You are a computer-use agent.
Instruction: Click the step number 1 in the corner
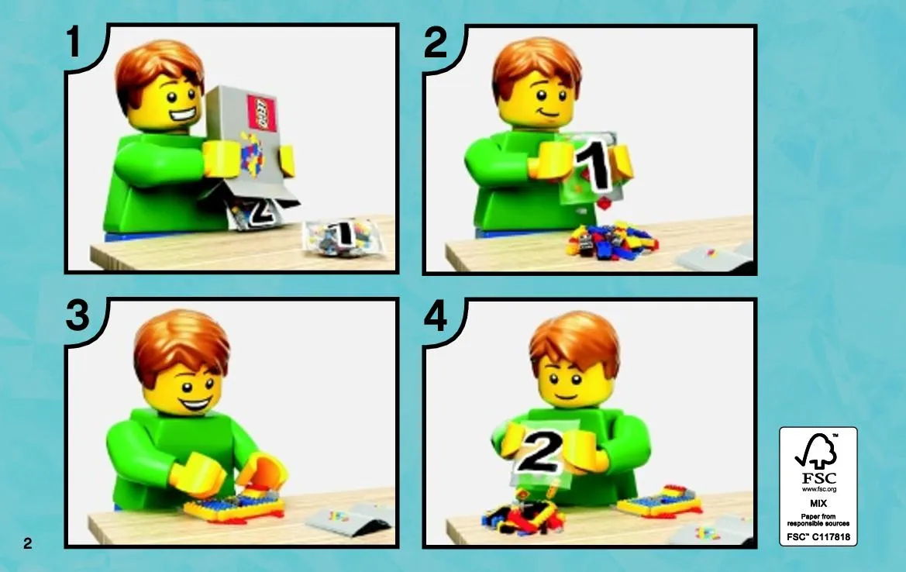point(73,42)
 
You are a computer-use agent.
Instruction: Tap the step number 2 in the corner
point(436,42)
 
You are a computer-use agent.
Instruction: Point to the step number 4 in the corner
point(436,317)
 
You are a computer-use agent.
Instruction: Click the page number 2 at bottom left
point(27,543)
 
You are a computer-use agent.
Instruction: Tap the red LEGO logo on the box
point(262,112)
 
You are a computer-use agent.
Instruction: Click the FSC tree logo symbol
point(817,451)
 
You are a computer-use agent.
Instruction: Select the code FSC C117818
point(818,537)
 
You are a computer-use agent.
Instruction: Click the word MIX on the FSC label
point(818,503)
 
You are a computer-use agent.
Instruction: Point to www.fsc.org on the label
point(818,489)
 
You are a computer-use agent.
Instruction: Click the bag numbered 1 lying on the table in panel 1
point(343,236)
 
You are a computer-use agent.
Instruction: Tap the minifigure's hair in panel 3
point(181,345)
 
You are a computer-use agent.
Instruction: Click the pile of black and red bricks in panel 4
point(523,515)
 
